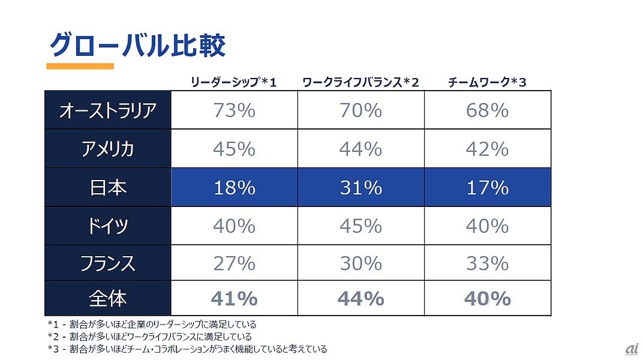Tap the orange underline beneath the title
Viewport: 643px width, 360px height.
80,66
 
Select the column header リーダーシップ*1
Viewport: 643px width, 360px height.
233,82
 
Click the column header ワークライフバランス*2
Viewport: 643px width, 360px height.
360,82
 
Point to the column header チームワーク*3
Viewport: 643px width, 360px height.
487,82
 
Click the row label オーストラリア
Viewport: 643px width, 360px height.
108,110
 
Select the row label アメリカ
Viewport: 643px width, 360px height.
108,149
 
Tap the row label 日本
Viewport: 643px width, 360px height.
108,188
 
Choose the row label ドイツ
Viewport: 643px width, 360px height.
108,226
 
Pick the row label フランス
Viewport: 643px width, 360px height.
108,263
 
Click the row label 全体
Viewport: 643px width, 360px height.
108,298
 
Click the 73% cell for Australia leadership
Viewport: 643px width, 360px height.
235,110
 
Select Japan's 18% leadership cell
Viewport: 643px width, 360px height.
235,188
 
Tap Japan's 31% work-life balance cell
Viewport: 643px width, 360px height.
360,188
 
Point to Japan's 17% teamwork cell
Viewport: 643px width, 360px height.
487,188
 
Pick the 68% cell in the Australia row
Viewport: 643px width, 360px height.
487,110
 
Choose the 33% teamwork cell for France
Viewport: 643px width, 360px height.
487,263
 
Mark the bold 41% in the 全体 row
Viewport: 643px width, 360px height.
235,298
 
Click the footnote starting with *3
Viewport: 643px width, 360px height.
187,349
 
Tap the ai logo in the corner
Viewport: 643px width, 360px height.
631,349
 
